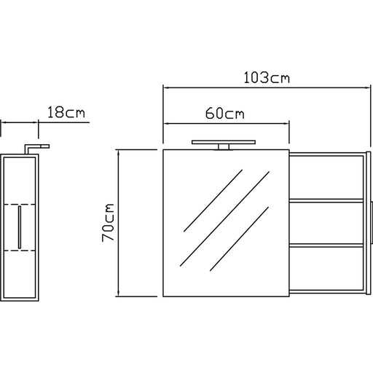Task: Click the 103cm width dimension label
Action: pos(267,78)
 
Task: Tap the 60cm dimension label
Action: pos(225,114)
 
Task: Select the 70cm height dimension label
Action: pos(108,222)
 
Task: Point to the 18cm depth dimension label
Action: pos(66,112)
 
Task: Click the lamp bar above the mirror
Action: pos(224,142)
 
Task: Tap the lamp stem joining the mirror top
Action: pos(224,147)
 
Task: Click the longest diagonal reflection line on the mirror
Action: pos(224,219)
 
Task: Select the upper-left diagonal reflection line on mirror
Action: pos(213,200)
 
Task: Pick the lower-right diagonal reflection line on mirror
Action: pos(239,239)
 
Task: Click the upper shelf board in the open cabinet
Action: pos(326,200)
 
